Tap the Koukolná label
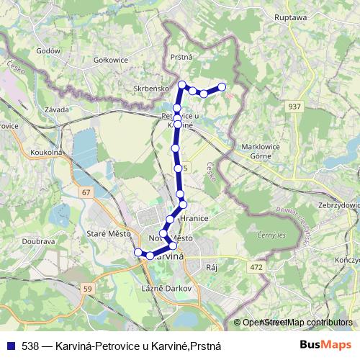tap(47, 153)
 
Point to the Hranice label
tap(194, 222)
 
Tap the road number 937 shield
tap(294, 107)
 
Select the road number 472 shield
tap(254, 267)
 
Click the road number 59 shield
tap(89, 289)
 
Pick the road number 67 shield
tap(86, 192)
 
